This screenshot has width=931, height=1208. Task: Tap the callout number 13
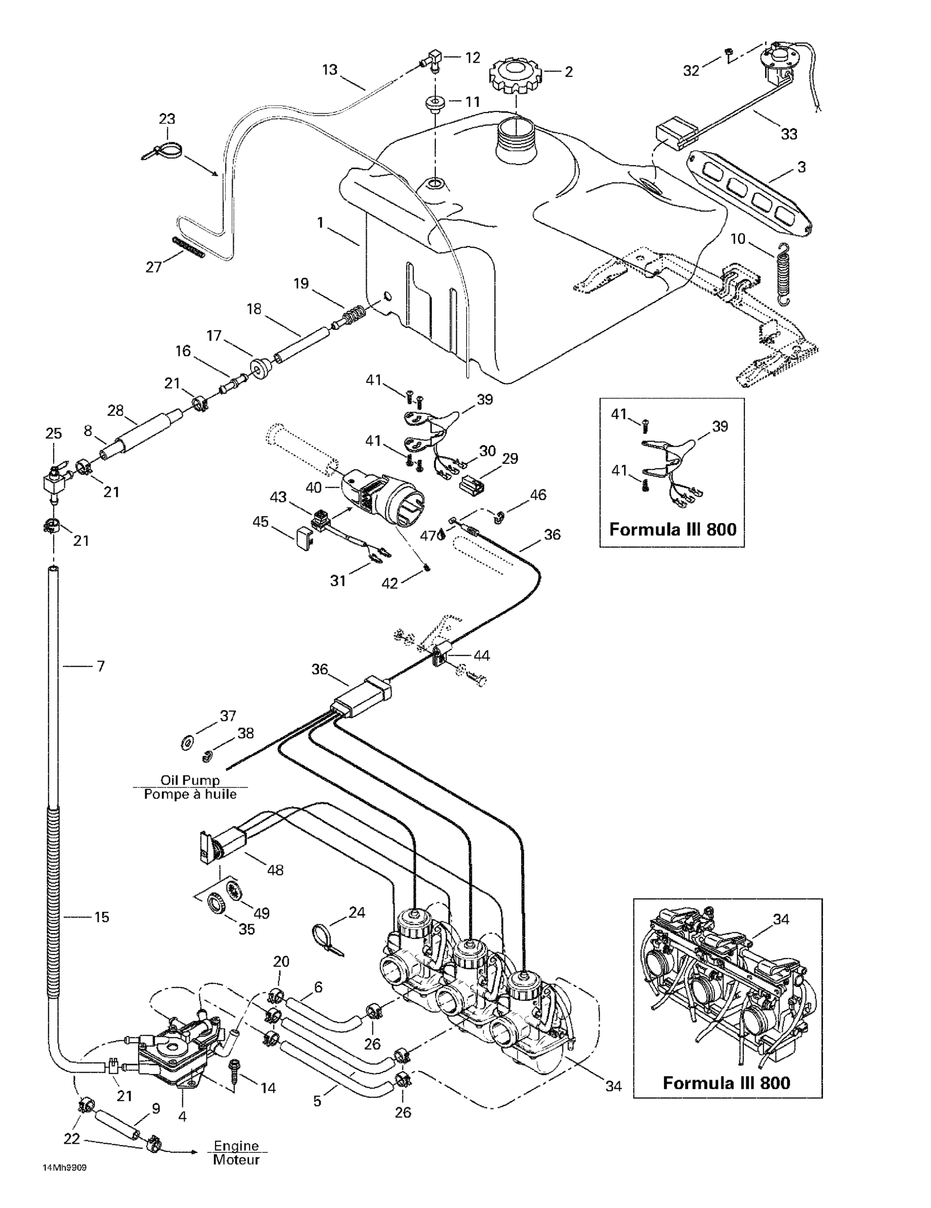[330, 70]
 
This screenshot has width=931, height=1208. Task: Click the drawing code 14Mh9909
[65, 1168]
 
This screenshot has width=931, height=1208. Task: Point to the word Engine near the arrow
[236, 1147]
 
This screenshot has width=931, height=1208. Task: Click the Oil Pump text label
[190, 780]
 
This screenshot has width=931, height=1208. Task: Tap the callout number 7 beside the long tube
[100, 666]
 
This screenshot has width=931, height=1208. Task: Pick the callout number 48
[275, 870]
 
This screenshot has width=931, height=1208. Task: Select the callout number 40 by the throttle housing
[313, 487]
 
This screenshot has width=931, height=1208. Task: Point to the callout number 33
[789, 134]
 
